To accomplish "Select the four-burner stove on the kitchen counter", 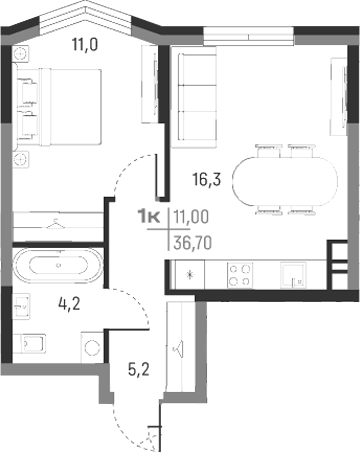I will (x=240, y=273).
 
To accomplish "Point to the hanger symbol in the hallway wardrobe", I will (x=177, y=349).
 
